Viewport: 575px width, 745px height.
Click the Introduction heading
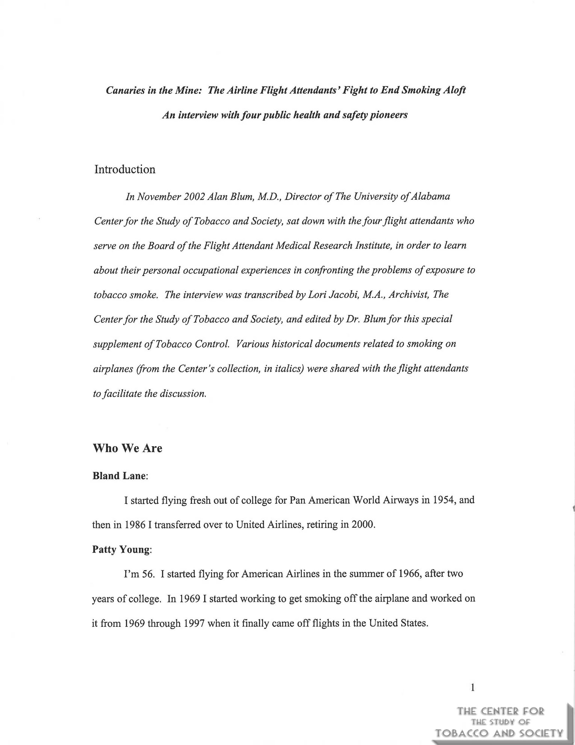click(x=125, y=169)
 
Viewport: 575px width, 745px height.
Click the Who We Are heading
click(x=127, y=449)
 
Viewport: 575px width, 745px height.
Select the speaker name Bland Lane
click(x=119, y=476)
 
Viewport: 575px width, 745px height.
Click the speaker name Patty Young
click(x=121, y=550)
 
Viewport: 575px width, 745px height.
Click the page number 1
click(x=472, y=688)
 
